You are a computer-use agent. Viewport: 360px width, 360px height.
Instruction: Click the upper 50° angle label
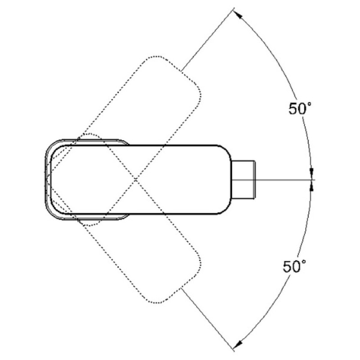[x=300, y=108]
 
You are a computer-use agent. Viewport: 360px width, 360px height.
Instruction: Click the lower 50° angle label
[x=294, y=266]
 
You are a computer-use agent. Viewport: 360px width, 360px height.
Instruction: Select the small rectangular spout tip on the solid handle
[x=243, y=180]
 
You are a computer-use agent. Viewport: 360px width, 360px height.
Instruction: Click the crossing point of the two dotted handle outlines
[x=136, y=180]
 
